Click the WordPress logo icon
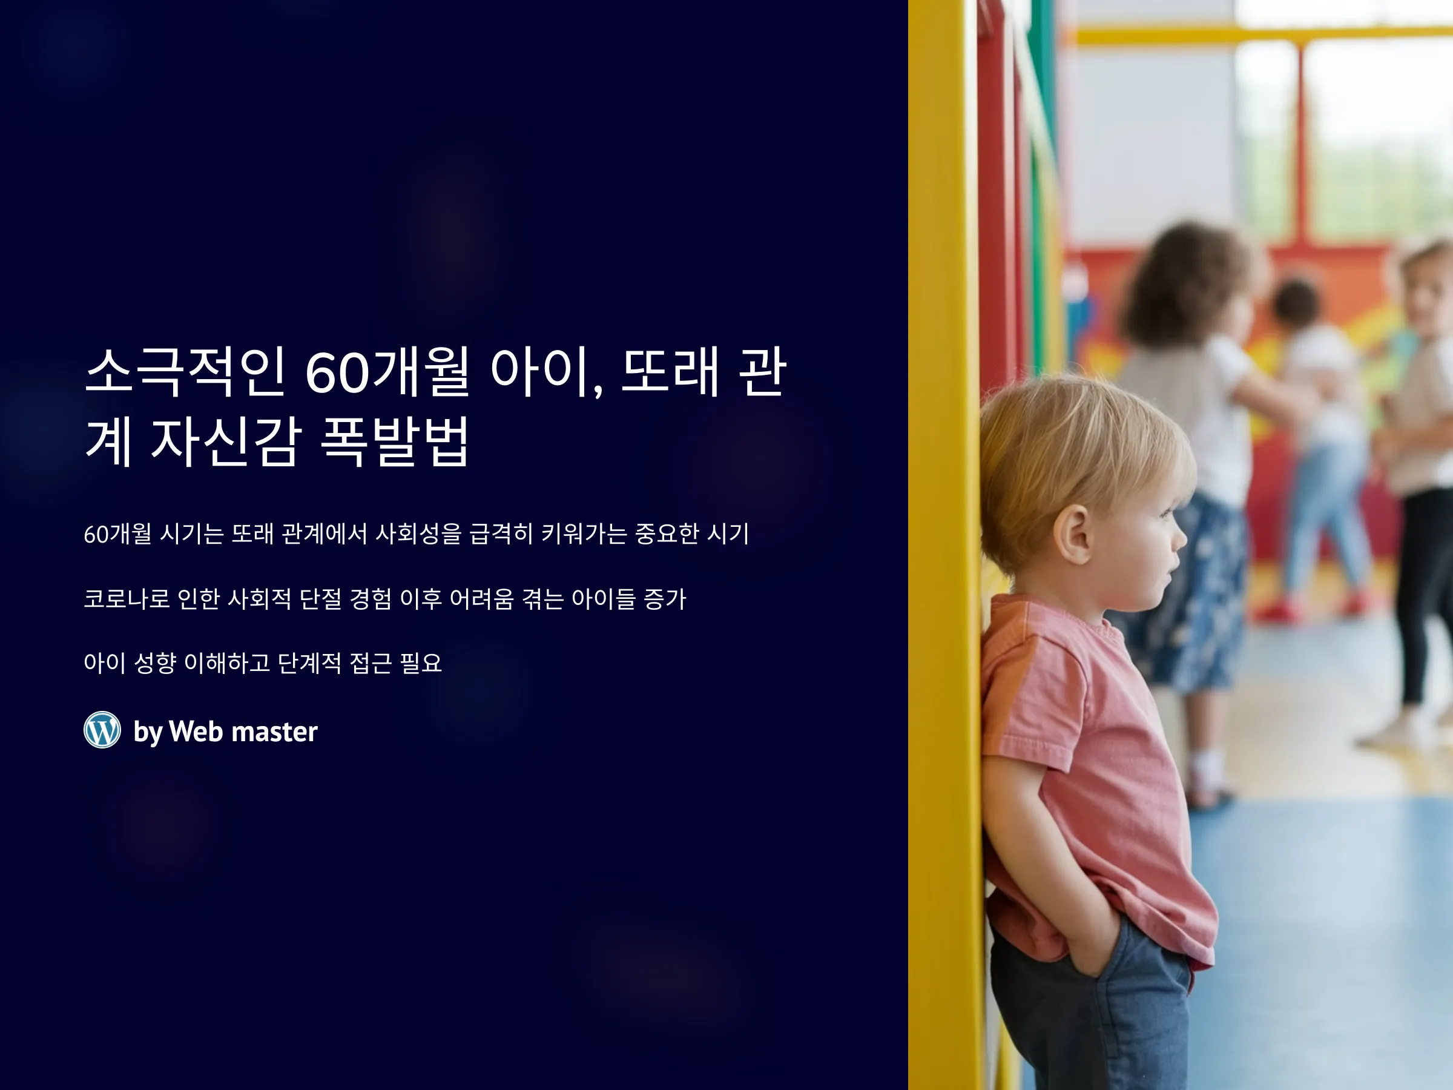coord(102,730)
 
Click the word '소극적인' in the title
coord(185,372)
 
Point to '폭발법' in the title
coord(394,441)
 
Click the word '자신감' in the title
coord(226,441)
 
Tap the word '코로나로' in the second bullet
coord(127,598)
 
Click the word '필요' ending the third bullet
coord(420,663)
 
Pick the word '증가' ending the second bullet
coord(665,598)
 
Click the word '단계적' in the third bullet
coord(309,663)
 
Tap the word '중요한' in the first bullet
coord(667,533)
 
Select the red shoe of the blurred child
coord(1277,610)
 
